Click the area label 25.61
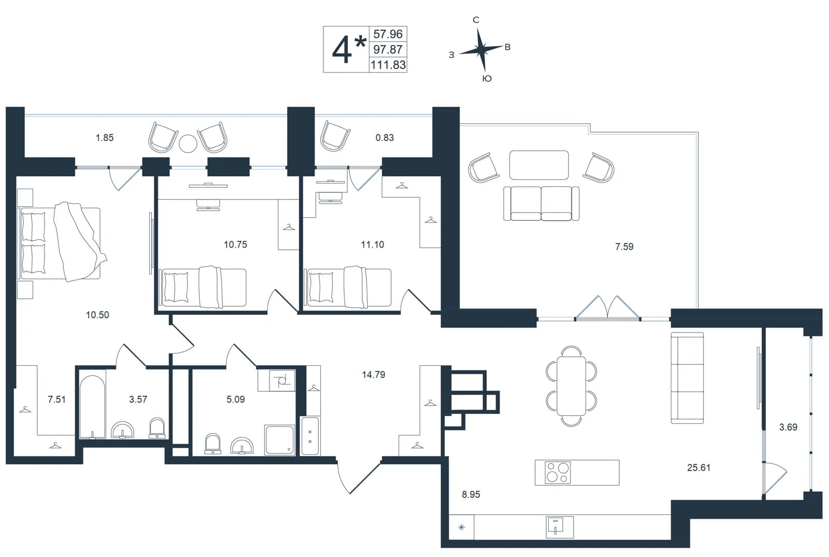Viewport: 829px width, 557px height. point(699,467)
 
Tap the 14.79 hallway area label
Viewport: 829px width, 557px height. point(374,375)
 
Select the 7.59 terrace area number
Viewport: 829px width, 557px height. point(624,247)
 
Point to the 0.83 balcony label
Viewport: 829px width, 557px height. point(384,138)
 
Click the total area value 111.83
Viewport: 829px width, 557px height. point(388,65)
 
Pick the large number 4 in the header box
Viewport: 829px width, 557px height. point(341,50)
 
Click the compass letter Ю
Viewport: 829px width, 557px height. point(487,78)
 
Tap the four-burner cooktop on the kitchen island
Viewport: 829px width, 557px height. point(558,472)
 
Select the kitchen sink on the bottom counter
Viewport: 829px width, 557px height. point(560,527)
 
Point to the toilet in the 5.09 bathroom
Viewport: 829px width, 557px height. point(213,444)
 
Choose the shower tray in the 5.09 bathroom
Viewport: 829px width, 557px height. point(279,440)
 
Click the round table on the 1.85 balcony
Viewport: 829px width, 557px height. point(188,143)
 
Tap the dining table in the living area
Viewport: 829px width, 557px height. point(571,386)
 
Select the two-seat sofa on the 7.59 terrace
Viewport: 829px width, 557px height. point(541,203)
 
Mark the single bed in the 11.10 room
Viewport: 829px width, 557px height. point(348,287)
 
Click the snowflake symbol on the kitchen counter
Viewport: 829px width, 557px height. point(461,527)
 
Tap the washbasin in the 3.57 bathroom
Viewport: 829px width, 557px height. point(122,430)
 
